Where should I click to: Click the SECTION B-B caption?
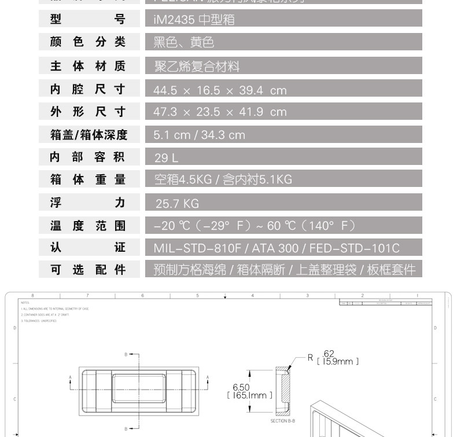coord(283,421)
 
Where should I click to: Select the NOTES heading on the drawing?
coord(25,302)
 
